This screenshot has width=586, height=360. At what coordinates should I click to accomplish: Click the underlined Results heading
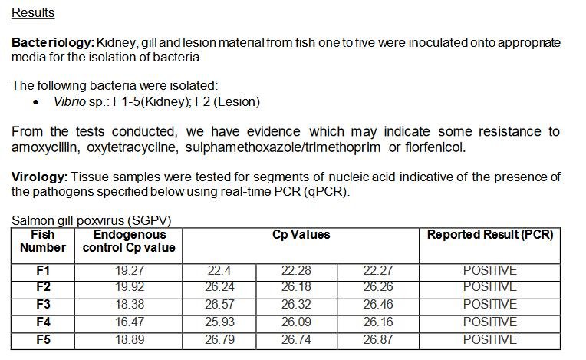[x=33, y=13]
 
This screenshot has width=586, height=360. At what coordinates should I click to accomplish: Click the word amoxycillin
[x=47, y=147]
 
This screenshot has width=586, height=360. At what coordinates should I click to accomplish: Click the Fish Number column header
[x=43, y=240]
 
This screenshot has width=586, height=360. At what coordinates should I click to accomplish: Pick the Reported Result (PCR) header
[x=489, y=234]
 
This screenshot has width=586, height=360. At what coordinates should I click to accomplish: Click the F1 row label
[x=43, y=270]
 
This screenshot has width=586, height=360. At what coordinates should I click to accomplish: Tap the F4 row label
[x=43, y=322]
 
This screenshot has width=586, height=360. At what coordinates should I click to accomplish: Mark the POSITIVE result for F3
[x=489, y=305]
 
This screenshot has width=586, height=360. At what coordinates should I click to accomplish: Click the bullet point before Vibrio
[x=37, y=102]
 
